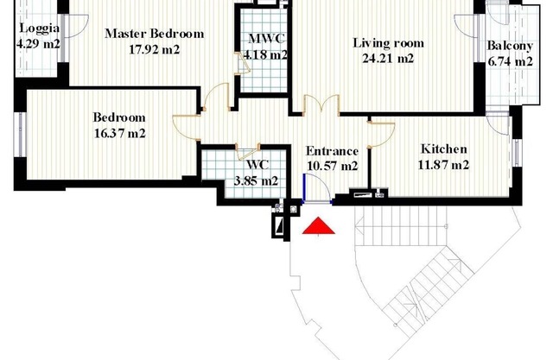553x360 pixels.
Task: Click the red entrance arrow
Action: [319, 226]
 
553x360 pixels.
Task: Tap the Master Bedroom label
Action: [155, 34]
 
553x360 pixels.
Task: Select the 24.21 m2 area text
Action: [388, 58]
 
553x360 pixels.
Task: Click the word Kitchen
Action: [444, 149]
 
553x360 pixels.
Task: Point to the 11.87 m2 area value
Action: [443, 165]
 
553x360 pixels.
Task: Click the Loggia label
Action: [40, 28]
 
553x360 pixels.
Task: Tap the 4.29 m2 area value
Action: [38, 44]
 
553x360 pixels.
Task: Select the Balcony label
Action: [510, 46]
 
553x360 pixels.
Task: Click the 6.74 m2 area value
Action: [510, 61]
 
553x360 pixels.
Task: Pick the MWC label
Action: [266, 38]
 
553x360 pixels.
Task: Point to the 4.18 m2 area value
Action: [265, 54]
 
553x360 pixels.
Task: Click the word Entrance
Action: [332, 151]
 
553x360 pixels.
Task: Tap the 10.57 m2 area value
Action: [332, 166]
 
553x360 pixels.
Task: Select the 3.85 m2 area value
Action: [256, 181]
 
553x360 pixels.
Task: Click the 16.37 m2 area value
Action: [120, 134]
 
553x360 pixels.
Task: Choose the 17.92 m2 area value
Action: [155, 49]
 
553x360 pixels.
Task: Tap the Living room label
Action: [388, 43]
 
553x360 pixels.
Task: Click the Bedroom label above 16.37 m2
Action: [119, 117]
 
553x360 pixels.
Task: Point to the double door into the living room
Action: [321, 104]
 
